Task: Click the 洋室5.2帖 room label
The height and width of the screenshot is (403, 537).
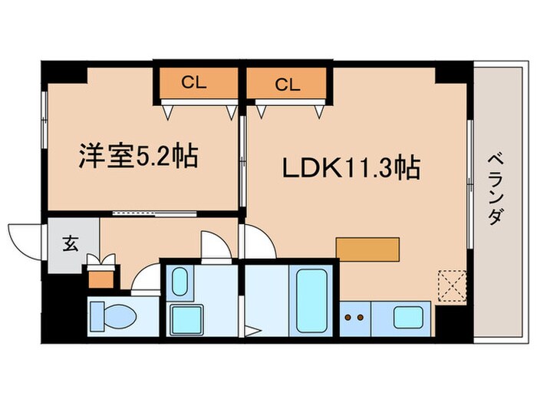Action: (137, 157)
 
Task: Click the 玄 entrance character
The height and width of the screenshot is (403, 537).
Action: (70, 245)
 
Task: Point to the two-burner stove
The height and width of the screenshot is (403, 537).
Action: (355, 316)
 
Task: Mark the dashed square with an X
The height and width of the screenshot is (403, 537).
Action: (451, 285)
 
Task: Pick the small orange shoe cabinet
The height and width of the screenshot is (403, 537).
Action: (100, 274)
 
